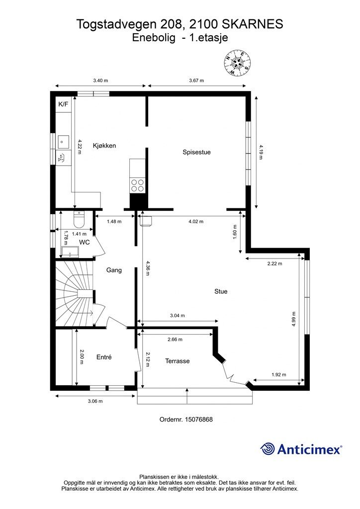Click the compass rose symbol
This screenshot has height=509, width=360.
tap(238, 63)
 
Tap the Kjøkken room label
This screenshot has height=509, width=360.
tap(104, 146)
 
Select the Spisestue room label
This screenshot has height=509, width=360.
tap(196, 152)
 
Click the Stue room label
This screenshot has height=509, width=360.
tap(221, 291)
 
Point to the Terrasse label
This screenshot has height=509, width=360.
tap(177, 361)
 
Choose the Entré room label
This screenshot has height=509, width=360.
tap(104, 357)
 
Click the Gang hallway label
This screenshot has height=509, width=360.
tap(114, 270)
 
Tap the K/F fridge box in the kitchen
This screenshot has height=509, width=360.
tap(63, 104)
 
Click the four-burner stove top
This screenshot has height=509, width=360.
tap(137, 185)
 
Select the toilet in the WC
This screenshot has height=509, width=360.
tap(79, 219)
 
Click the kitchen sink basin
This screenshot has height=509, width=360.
tap(63, 142)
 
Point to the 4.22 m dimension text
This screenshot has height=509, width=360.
tap(79, 145)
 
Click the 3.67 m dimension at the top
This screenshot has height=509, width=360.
tap(196, 81)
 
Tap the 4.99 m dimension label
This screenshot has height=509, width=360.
tap(293, 319)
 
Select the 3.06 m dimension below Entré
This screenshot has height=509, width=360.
tap(95, 401)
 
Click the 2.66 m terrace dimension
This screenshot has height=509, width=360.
tap(175, 339)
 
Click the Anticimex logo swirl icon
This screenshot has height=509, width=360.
tap(268, 449)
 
